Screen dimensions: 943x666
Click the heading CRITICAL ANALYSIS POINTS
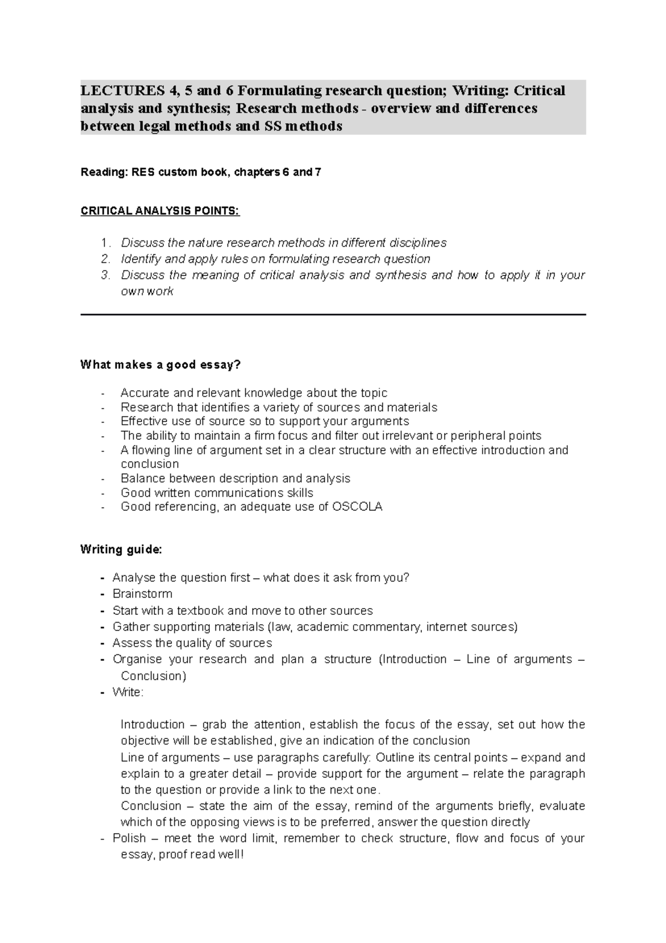(x=160, y=211)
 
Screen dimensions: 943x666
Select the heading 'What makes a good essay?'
(x=161, y=365)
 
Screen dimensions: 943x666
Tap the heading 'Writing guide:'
(x=121, y=549)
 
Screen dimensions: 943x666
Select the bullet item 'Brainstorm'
(x=142, y=594)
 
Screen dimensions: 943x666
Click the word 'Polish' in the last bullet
(x=129, y=838)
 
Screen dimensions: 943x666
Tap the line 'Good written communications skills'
(x=216, y=493)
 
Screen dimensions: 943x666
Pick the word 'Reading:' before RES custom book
(x=104, y=172)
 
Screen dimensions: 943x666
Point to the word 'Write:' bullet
(x=128, y=692)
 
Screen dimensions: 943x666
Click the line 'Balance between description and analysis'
(x=235, y=478)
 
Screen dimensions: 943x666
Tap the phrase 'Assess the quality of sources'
(x=192, y=643)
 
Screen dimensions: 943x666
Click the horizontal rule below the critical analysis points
(x=333, y=315)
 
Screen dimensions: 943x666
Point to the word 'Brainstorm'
(x=142, y=594)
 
